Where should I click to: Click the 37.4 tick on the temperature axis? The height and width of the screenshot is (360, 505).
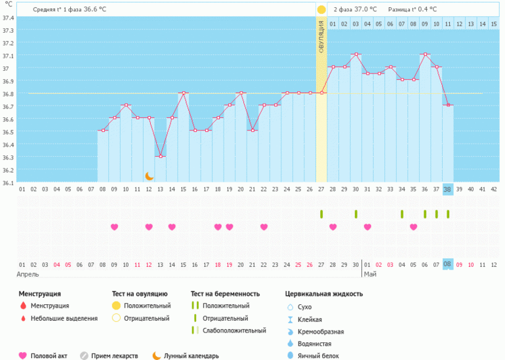click(x=8, y=18)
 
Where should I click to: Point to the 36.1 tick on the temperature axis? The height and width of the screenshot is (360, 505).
click(x=8, y=183)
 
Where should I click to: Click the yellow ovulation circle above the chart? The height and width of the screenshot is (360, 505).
click(x=321, y=10)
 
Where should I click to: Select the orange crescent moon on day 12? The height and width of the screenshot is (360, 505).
click(x=150, y=176)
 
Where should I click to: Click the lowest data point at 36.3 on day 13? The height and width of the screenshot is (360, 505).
click(x=161, y=156)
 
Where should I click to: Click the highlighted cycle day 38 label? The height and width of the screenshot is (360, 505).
click(x=448, y=190)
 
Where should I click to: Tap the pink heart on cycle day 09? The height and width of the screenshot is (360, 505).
click(x=115, y=227)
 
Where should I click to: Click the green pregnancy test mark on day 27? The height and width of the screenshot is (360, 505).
click(x=321, y=214)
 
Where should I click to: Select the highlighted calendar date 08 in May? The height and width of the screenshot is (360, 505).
click(x=448, y=264)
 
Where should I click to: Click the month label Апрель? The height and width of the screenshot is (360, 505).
click(x=28, y=274)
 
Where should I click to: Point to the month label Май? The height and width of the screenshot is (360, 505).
click(x=371, y=274)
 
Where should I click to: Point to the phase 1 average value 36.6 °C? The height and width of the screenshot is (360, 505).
click(x=97, y=10)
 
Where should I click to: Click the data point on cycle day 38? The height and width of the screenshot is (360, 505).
click(x=448, y=105)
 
